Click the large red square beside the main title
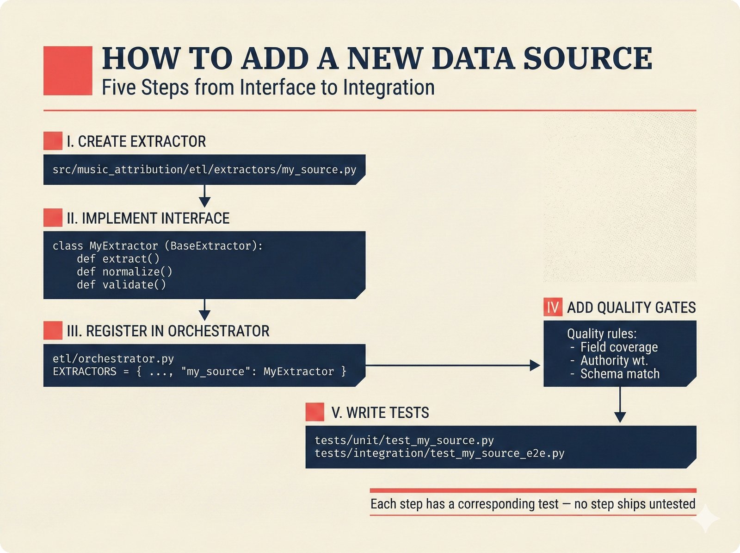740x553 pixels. tap(68, 71)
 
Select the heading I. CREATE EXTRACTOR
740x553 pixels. tap(136, 141)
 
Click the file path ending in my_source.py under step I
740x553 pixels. tap(204, 170)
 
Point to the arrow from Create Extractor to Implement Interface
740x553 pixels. tap(204, 196)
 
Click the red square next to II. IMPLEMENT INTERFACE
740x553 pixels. tap(53, 218)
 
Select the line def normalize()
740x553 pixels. tap(125, 271)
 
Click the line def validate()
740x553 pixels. tap(122, 284)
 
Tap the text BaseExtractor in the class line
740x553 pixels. tap(210, 246)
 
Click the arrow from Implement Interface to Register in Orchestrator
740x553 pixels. tap(204, 309)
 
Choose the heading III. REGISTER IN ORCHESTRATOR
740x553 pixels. tap(167, 331)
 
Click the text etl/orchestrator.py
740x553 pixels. tap(113, 358)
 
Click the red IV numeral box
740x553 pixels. tap(553, 308)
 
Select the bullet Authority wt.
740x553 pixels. tap(613, 360)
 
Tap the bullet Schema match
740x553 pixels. tap(619, 374)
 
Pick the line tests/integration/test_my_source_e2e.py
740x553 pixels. tap(439, 453)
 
